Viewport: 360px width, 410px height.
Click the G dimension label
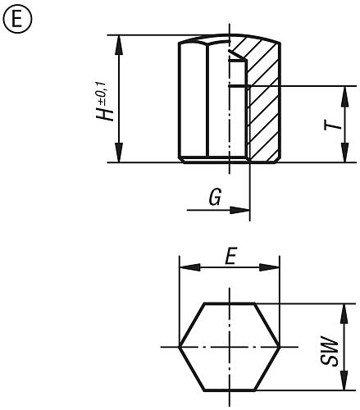(x=213, y=198)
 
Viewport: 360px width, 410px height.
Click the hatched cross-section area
(x=261, y=107)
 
